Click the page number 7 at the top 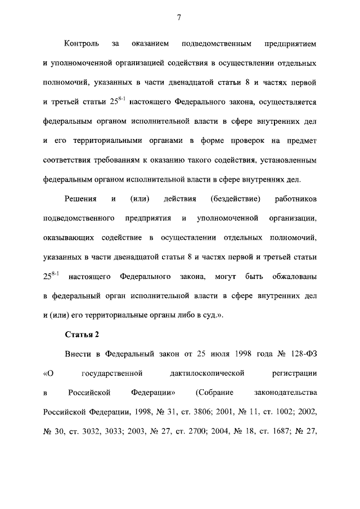[x=179, y=17]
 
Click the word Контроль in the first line [x=82, y=43]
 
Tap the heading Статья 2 [x=82, y=335]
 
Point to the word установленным [x=289, y=160]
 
